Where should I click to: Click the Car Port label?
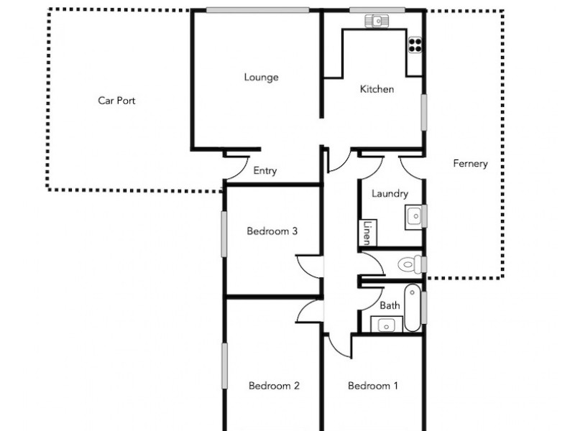pyautogui.click(x=116, y=101)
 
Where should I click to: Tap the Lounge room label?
pyautogui.click(x=261, y=78)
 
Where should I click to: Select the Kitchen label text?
pyautogui.click(x=377, y=90)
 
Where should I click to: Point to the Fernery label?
pyautogui.click(x=470, y=164)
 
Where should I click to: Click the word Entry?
pyautogui.click(x=265, y=171)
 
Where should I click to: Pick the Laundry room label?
pyautogui.click(x=390, y=194)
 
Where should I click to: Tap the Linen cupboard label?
pyautogui.click(x=367, y=231)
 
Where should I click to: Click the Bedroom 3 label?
pyautogui.click(x=272, y=231)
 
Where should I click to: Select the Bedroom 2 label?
pyautogui.click(x=274, y=386)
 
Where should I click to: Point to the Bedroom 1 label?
pyautogui.click(x=373, y=386)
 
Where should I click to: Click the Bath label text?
pyautogui.click(x=390, y=305)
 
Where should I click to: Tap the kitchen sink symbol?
pyautogui.click(x=374, y=21)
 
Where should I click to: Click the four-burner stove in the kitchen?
pyautogui.click(x=415, y=45)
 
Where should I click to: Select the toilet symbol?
pyautogui.click(x=410, y=264)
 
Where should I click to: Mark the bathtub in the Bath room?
pyautogui.click(x=413, y=308)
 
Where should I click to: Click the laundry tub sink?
pyautogui.click(x=414, y=215)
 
